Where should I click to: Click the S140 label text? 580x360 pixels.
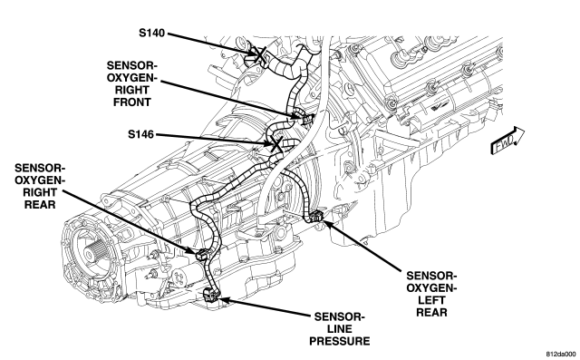tap(152, 33)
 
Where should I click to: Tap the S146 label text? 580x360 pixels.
tap(141, 134)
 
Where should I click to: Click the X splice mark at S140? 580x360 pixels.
tap(260, 54)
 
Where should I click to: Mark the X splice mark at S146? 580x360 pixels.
tap(276, 143)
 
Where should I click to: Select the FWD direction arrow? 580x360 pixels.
tap(507, 141)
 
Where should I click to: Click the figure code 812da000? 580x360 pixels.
tap(561, 354)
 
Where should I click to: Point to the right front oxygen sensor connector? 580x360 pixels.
tap(306, 119)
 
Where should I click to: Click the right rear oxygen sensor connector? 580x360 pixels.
tap(202, 254)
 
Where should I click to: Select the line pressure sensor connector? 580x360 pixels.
tap(211, 295)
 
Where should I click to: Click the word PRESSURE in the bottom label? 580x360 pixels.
tap(340, 341)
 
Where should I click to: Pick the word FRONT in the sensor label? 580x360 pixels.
tap(132, 102)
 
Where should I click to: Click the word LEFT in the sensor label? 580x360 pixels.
tap(431, 300)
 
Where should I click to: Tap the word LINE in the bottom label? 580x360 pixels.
tap(340, 329)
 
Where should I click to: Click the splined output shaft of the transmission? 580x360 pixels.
tap(91, 253)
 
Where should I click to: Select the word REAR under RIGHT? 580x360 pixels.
tap(40, 204)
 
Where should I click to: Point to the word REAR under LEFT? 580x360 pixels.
tap(431, 312)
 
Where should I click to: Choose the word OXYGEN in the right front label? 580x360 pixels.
tap(132, 78)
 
